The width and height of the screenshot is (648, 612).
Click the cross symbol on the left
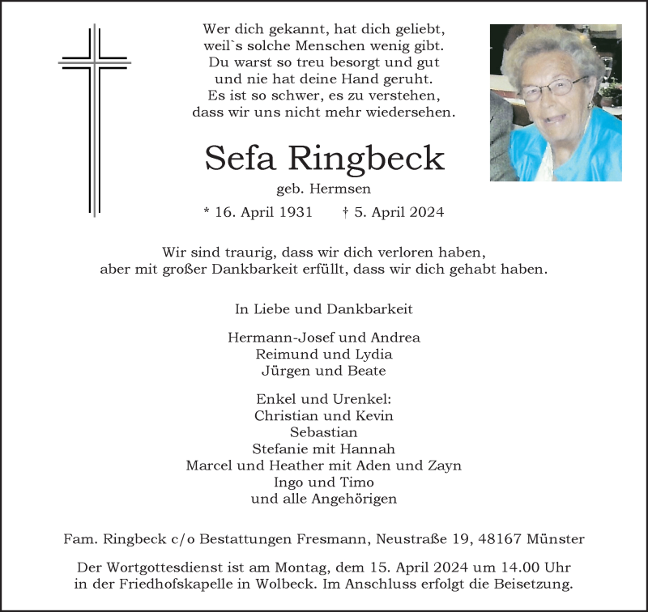pos(95,119)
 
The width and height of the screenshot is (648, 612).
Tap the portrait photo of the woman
pos(555,103)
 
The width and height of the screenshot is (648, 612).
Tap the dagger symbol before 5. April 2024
pos(346,213)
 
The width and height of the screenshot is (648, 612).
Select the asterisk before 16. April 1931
pos(207,212)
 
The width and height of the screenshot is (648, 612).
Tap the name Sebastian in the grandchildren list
pos(324,432)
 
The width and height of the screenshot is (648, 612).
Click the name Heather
pos(292,465)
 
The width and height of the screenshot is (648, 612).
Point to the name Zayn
pos(444,465)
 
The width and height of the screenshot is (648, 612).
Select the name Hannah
pos(369,448)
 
